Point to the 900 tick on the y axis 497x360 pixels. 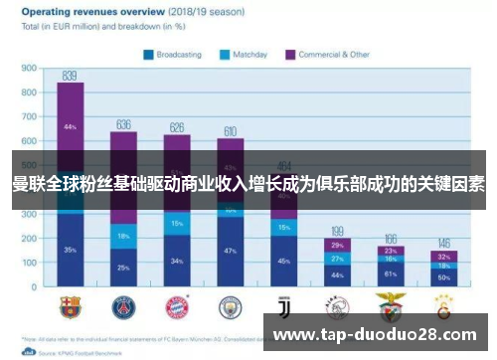[29, 70]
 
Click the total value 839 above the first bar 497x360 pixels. [70, 76]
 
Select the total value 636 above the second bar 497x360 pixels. [124, 124]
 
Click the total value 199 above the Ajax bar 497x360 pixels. [338, 230]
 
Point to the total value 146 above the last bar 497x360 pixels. [444, 243]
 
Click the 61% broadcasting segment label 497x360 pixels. [391, 272]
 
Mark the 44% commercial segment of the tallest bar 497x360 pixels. [70, 127]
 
